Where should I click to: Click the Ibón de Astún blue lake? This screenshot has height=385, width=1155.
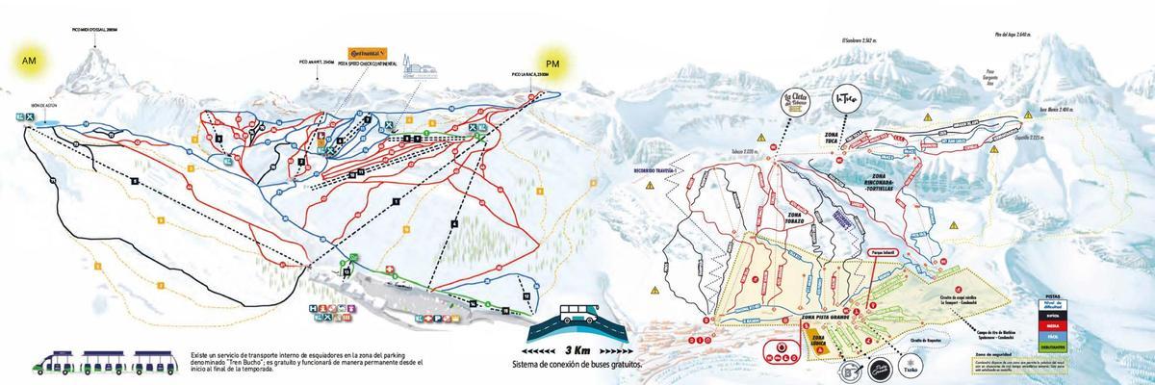43,122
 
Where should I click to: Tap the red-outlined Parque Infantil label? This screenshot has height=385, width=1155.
884,254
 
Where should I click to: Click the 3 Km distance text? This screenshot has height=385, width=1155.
578,350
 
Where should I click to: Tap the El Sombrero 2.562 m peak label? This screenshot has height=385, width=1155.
859,40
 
